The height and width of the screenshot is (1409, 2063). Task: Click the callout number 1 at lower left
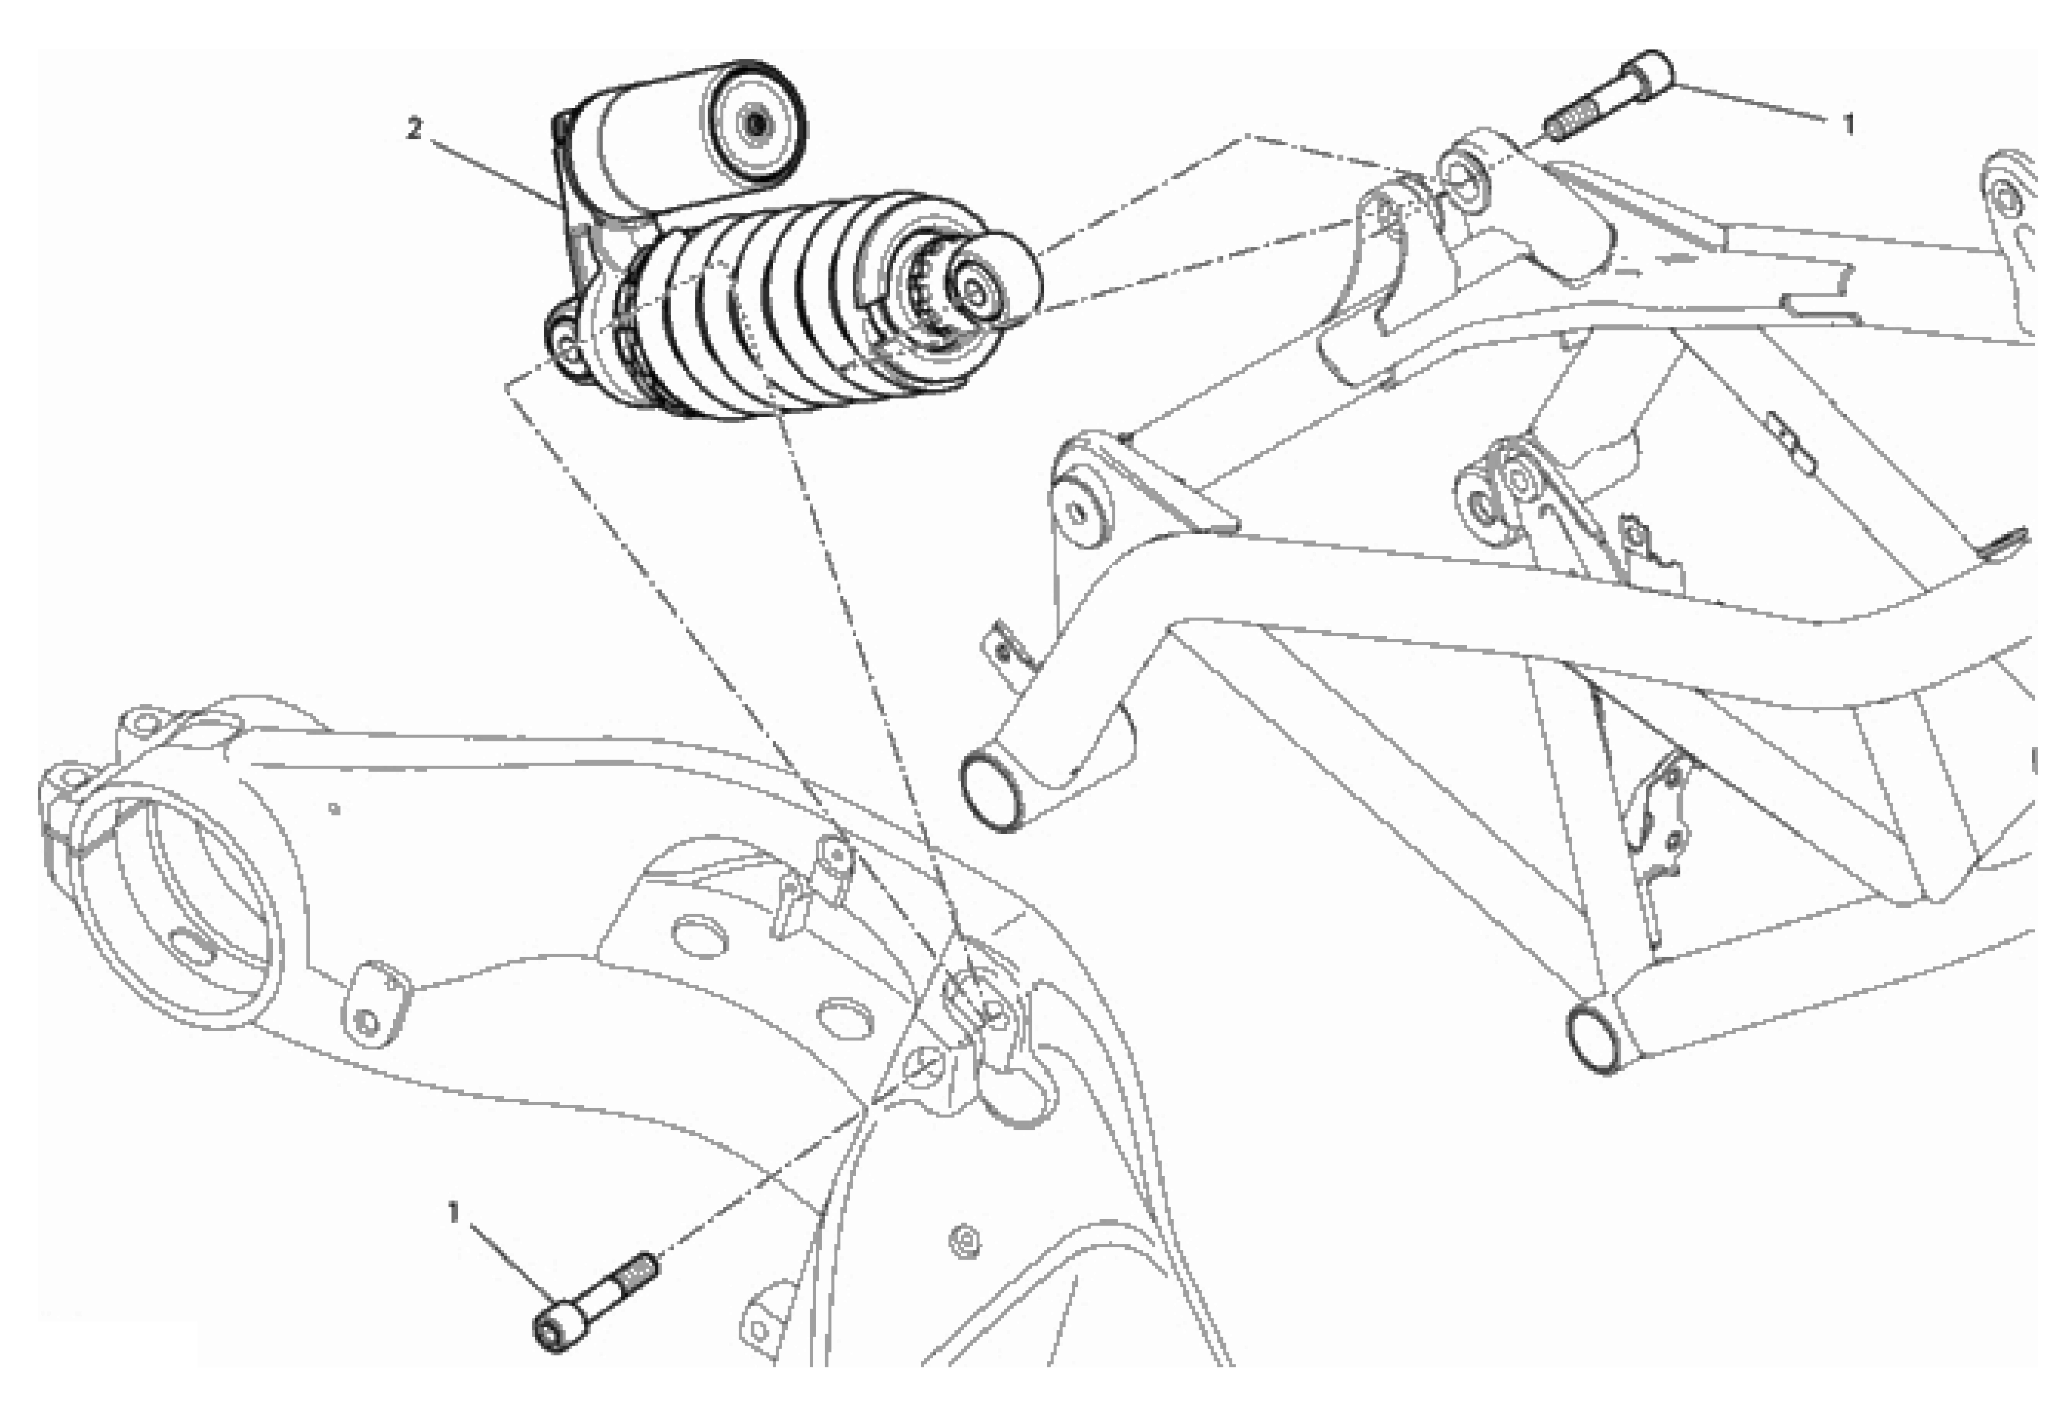tap(454, 1213)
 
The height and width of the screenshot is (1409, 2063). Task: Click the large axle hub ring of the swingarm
tap(177, 906)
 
